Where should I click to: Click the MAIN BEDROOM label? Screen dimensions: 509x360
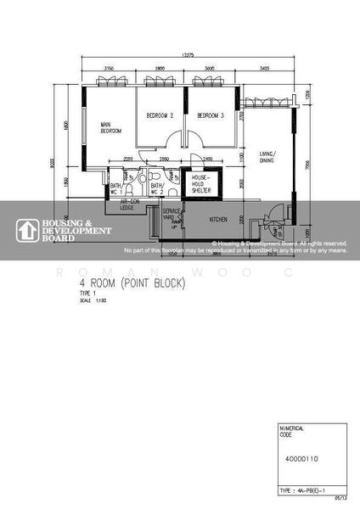pyautogui.click(x=111, y=127)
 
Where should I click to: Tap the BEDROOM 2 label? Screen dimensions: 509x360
pyautogui.click(x=159, y=115)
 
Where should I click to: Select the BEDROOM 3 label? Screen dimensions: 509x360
pyautogui.click(x=210, y=115)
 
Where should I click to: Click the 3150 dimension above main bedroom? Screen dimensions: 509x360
pyautogui.click(x=110, y=67)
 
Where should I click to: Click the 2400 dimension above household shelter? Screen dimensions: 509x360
pyautogui.click(x=209, y=159)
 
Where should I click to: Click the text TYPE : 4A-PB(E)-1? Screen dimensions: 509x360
pyautogui.click(x=302, y=491)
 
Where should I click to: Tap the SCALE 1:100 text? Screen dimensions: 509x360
pyautogui.click(x=89, y=300)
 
